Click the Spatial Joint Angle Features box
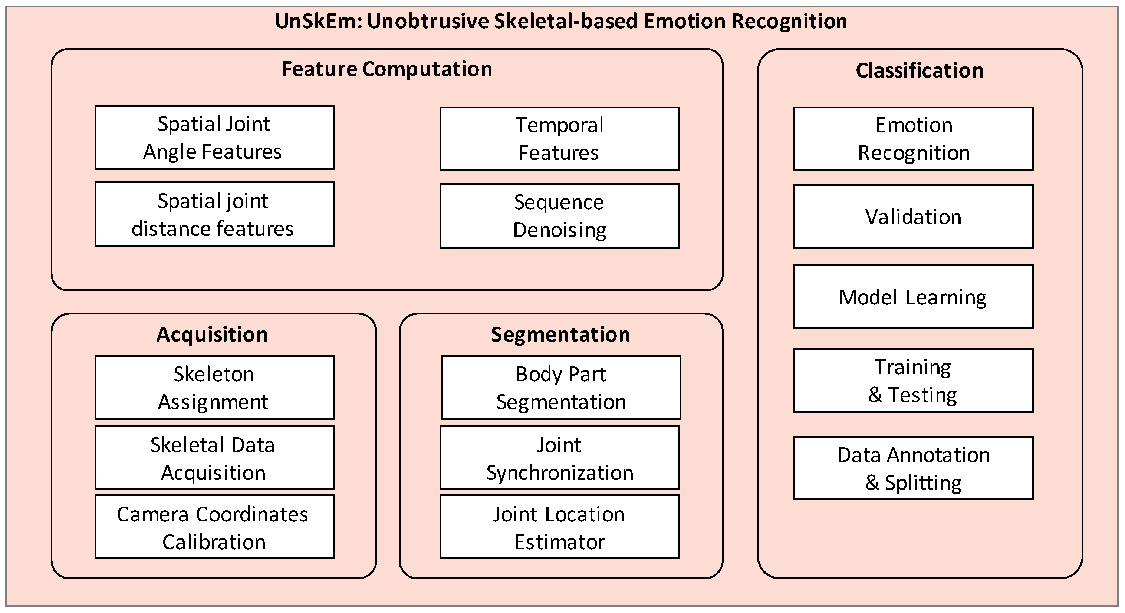coord(214,138)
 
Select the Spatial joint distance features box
coord(214,214)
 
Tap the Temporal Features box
coord(559,139)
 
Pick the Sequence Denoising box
coord(559,216)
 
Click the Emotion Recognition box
coord(913,139)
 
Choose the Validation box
coord(913,217)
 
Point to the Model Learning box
coord(913,297)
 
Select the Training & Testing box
coord(913,380)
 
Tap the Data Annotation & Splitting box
coord(913,468)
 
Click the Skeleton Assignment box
coord(214,388)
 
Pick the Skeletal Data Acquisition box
coord(214,458)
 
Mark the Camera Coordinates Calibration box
coord(214,527)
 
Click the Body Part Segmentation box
coord(561,388)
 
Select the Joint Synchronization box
coord(559,458)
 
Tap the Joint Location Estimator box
coord(559,527)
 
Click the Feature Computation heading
coord(387,69)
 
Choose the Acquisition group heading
coord(212,334)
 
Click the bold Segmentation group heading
coord(561,334)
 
